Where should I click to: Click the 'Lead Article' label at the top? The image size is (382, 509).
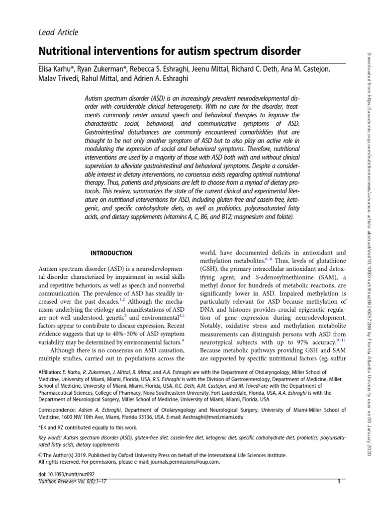58,33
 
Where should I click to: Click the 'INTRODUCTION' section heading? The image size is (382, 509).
111,253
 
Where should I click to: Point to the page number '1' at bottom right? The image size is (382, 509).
339,482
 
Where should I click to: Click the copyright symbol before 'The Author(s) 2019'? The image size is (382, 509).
40,455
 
